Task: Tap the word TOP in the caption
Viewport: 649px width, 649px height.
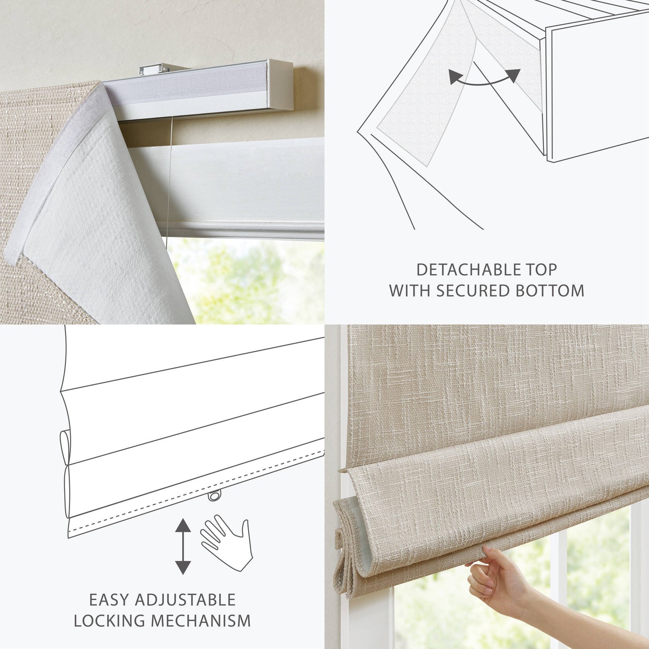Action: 541,269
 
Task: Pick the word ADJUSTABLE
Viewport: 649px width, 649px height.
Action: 185,600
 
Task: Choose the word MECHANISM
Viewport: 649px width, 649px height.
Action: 201,621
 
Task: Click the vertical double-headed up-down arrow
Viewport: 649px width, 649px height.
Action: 182,546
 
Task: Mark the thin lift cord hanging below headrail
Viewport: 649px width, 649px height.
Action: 168,180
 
